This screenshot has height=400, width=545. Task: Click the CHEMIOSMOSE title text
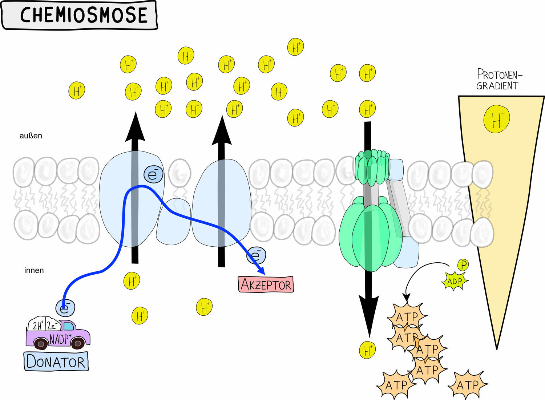[x=84, y=15]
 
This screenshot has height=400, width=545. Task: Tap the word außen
[x=31, y=136]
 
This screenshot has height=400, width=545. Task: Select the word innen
[x=34, y=270]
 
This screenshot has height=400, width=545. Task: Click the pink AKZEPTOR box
[x=266, y=284]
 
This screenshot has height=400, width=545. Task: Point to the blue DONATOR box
[x=56, y=361]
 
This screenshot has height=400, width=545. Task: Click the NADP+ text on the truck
[x=60, y=339]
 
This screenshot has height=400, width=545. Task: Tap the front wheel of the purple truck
[x=78, y=343]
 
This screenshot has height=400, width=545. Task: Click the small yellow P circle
[x=463, y=265]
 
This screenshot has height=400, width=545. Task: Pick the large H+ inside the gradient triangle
[x=497, y=119]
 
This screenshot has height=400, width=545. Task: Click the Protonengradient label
[x=498, y=80]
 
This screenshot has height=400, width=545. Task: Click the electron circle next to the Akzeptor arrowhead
[x=256, y=256]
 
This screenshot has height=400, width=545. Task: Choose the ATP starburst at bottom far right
[x=468, y=385]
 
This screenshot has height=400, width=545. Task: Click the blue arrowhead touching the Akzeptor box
[x=261, y=271]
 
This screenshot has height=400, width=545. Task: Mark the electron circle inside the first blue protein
[x=153, y=174]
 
